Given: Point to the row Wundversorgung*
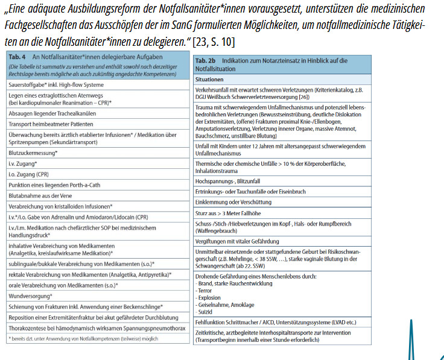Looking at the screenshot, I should click(x=33, y=296).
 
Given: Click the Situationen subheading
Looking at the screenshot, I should click(x=209, y=79).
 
